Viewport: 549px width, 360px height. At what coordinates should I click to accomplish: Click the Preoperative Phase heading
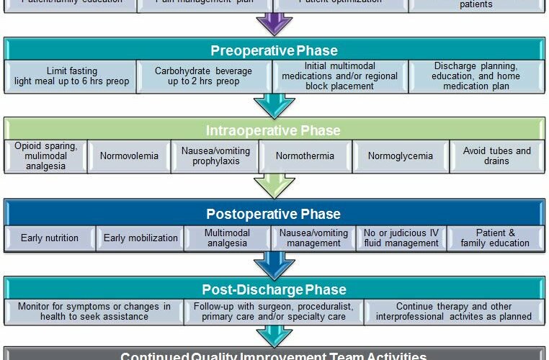coord(274,50)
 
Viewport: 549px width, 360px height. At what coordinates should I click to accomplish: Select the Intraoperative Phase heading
coord(274,130)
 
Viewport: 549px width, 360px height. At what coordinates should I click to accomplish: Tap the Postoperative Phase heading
coord(274,214)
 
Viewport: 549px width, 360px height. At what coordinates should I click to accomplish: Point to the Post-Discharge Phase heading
coord(274,289)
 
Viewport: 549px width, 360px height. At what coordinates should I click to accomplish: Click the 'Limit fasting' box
coord(71,76)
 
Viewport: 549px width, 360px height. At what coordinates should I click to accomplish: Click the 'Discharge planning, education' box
coord(476,76)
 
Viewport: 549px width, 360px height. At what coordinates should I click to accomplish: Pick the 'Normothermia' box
coord(305,156)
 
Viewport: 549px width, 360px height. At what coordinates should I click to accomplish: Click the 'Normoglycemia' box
coord(400,156)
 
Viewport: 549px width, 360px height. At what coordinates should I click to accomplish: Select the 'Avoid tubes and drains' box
coord(496,156)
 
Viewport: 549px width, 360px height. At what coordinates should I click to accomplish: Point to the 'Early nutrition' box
coord(50,238)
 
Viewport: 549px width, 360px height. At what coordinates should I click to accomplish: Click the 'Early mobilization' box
coord(140,238)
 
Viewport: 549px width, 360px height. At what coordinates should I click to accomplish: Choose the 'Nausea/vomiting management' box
coord(313,238)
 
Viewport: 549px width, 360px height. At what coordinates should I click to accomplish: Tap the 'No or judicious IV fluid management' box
coord(401,238)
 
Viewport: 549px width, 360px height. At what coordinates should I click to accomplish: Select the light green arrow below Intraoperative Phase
coord(274,186)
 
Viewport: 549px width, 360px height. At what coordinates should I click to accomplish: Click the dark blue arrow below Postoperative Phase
coord(274,264)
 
